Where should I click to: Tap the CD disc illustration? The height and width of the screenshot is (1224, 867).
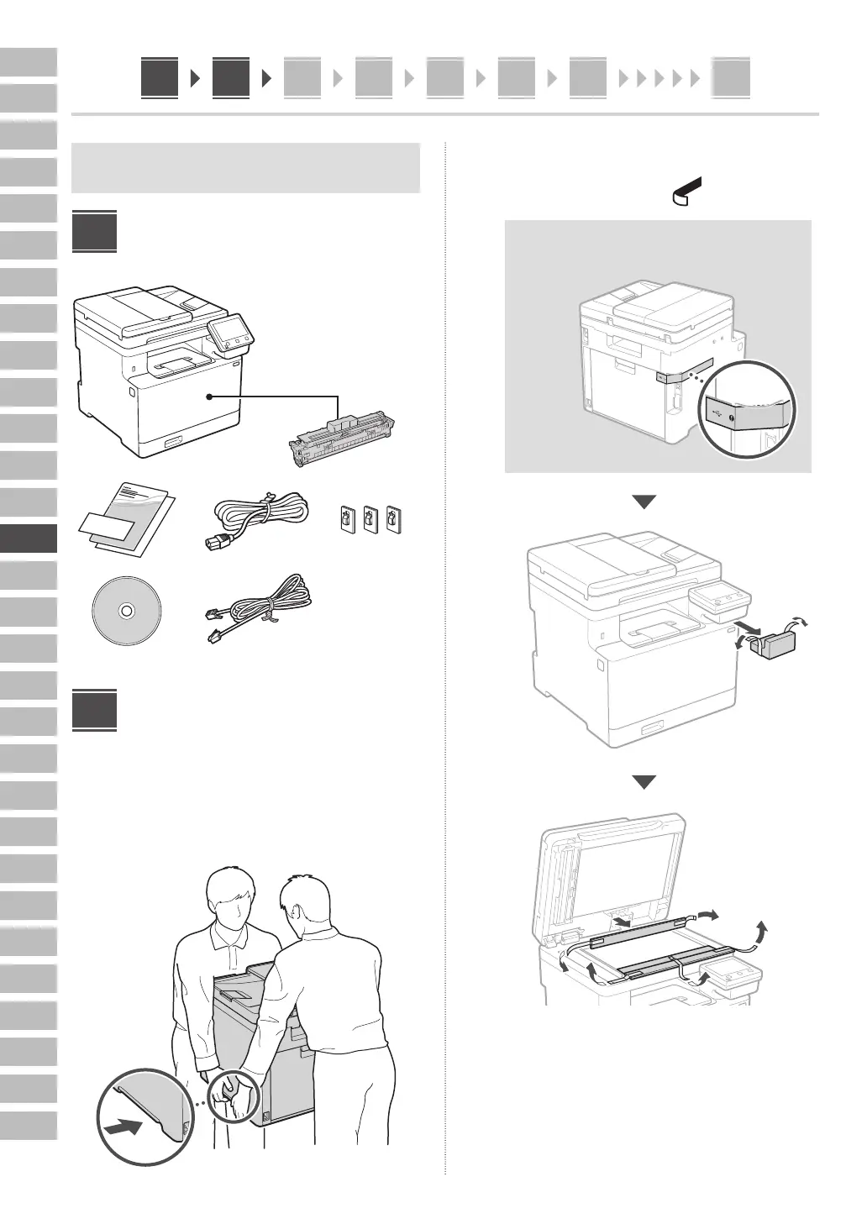pyautogui.click(x=125, y=611)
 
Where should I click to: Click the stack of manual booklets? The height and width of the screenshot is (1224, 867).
pyautogui.click(x=126, y=518)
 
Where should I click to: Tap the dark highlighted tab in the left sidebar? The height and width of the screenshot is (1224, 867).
pyautogui.click(x=29, y=538)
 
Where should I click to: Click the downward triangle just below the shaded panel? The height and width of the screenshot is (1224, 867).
pyautogui.click(x=644, y=502)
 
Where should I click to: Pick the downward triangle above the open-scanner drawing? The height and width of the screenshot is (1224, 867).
pyautogui.click(x=644, y=783)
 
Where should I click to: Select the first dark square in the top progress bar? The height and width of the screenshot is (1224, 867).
pyautogui.click(x=159, y=78)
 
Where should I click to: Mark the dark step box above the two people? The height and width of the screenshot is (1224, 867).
pyautogui.click(x=93, y=711)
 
